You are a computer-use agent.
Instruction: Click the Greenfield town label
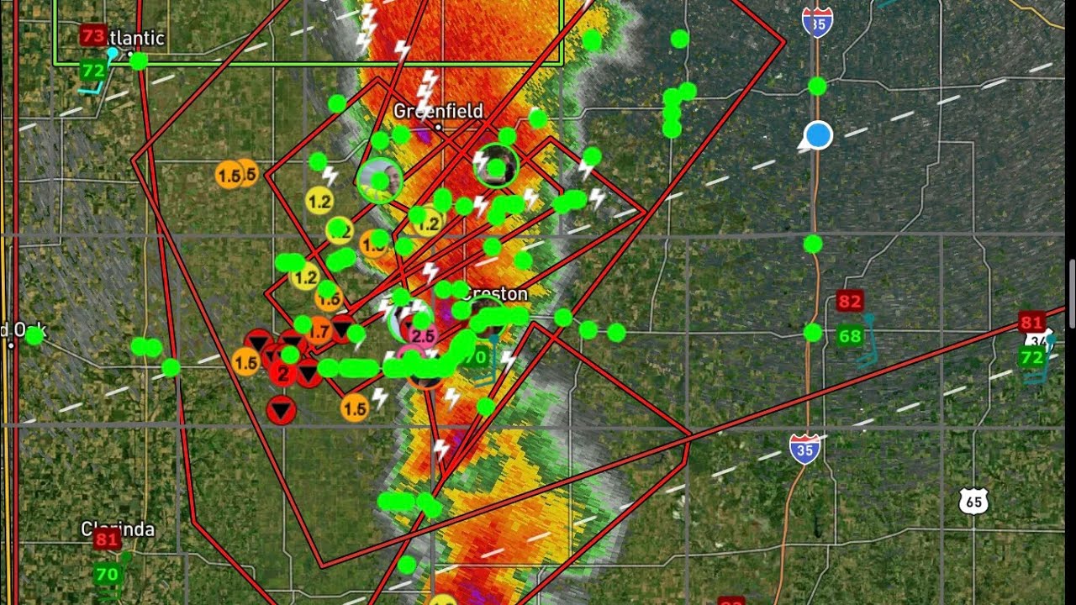[x=438, y=111]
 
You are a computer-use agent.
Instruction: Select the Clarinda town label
[x=118, y=529]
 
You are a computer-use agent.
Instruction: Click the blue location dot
[x=818, y=135]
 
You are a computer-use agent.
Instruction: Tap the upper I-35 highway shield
[x=817, y=22]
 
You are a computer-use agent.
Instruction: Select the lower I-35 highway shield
[x=804, y=450]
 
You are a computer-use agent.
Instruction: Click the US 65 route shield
[x=973, y=502]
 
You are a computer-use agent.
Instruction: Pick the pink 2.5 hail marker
[x=422, y=336]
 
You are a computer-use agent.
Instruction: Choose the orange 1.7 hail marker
[x=319, y=332]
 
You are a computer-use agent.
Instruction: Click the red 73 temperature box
[x=92, y=35]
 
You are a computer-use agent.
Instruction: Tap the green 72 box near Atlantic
[x=92, y=71]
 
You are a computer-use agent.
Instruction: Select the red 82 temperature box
[x=849, y=302]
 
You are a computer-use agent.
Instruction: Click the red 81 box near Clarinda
[x=107, y=539]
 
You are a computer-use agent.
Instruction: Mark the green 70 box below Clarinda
[x=107, y=575]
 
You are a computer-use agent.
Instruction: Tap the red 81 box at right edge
[x=1031, y=323]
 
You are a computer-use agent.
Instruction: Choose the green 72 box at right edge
[x=1031, y=358]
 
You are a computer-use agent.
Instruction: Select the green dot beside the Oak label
[x=34, y=336]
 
